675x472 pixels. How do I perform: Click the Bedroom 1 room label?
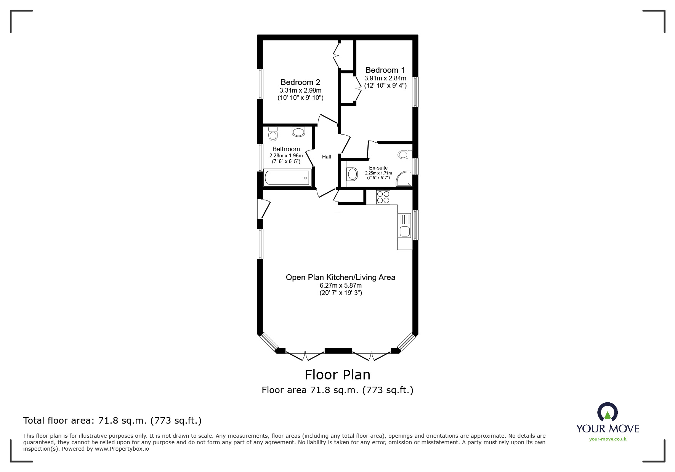(385, 70)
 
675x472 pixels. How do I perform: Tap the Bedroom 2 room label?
(300, 82)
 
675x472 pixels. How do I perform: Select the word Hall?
(327, 157)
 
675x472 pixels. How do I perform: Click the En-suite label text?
(378, 168)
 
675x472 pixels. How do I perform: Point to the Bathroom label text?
(286, 149)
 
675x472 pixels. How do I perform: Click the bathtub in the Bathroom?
(287, 178)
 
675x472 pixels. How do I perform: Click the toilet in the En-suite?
(405, 154)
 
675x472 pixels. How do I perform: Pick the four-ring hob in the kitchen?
(383, 197)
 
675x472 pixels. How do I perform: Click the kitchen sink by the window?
(404, 226)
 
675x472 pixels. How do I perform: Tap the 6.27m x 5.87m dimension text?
(341, 285)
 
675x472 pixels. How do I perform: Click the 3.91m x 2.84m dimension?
(385, 78)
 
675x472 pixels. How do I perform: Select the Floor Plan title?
(338, 375)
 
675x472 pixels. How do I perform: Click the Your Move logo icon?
(607, 413)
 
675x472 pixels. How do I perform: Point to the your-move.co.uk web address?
(608, 439)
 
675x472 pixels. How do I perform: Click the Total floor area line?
(112, 421)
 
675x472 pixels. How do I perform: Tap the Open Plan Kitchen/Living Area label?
(341, 277)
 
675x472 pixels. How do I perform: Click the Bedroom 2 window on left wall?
(260, 84)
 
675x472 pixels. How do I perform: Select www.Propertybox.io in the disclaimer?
(122, 449)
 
